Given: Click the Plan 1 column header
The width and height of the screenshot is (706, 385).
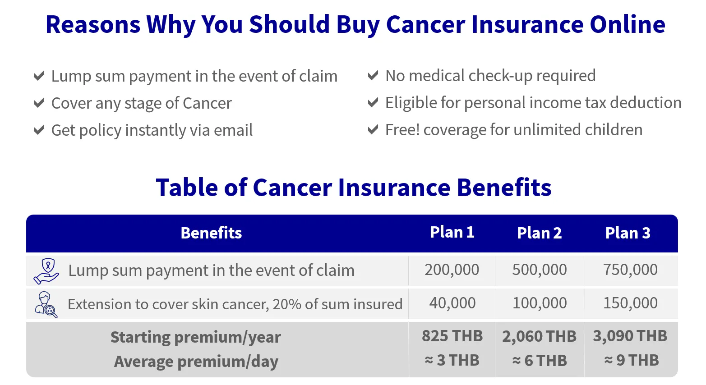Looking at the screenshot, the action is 452,232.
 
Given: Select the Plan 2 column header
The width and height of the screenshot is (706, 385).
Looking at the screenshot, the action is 539,233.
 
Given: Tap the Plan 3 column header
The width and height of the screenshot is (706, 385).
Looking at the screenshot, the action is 628,233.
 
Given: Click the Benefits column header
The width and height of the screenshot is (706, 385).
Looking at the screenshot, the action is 211,233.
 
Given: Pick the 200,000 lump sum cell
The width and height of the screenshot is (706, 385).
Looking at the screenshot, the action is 452,270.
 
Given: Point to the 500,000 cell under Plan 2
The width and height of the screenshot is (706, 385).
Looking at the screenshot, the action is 539,270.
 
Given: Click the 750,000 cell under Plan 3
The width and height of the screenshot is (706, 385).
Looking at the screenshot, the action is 630,270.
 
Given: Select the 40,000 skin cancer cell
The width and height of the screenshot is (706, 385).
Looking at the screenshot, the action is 452,303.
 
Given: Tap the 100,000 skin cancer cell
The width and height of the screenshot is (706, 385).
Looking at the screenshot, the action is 540,303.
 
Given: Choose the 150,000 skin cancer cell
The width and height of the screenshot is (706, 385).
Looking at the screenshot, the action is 630,303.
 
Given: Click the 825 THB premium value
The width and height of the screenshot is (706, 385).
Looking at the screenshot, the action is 452,336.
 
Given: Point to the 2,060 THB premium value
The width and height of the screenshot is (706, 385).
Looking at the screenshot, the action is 539,336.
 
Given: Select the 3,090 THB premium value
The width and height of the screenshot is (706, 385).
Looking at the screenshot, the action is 630,336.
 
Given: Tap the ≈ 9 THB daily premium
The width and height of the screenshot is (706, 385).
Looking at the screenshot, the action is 631,360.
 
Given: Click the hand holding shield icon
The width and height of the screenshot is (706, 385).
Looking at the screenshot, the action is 46,271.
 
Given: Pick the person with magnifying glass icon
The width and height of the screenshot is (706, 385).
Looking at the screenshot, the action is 46,304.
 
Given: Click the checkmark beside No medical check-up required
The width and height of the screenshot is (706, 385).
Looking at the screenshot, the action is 373,75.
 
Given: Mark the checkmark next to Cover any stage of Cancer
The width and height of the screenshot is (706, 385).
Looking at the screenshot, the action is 39,103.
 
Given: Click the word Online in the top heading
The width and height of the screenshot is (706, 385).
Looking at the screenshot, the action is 628,24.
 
